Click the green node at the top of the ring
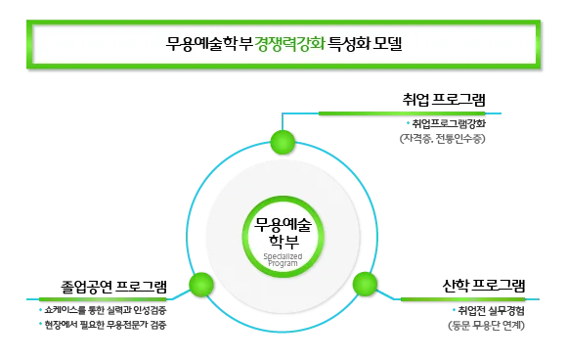coord(283,144)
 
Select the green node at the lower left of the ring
coord(201,285)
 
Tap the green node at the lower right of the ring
coord(365,285)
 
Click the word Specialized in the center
coord(283,256)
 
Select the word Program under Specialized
coord(283,264)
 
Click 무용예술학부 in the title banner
coord(209,44)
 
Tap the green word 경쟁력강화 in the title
coord(290,44)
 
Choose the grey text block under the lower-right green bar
coord(485,319)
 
